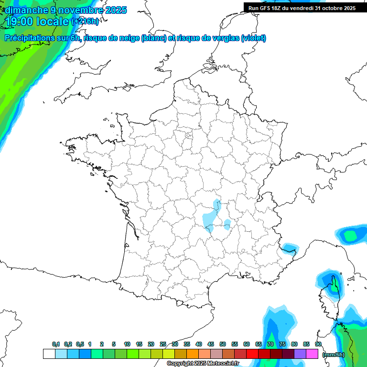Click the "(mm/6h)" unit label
pyautogui.click(x=334, y=355)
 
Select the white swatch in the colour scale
pyautogui.click(x=49, y=354)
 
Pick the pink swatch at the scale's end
pyautogui.click(x=312, y=354)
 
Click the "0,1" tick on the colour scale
pyautogui.click(x=55, y=344)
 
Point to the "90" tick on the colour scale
pyautogui.click(x=318, y=344)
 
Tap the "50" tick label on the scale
pyautogui.click(x=223, y=344)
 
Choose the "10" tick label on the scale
pyautogui.click(x=127, y=344)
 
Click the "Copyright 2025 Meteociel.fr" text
pyautogui.click(x=203, y=364)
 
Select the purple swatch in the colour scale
pyautogui.click(x=300, y=354)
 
